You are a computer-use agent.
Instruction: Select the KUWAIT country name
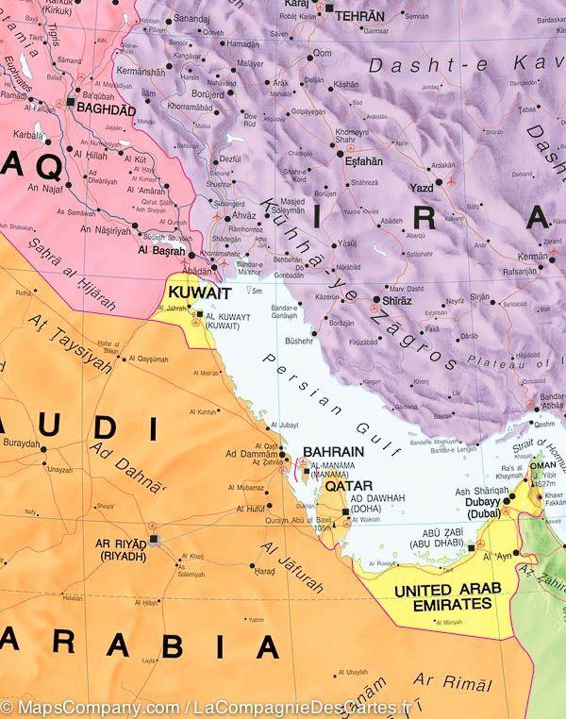(x=197, y=293)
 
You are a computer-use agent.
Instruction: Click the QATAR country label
(x=345, y=486)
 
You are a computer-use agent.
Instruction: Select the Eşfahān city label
(x=363, y=160)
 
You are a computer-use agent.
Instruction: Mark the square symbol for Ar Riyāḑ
(x=156, y=541)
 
